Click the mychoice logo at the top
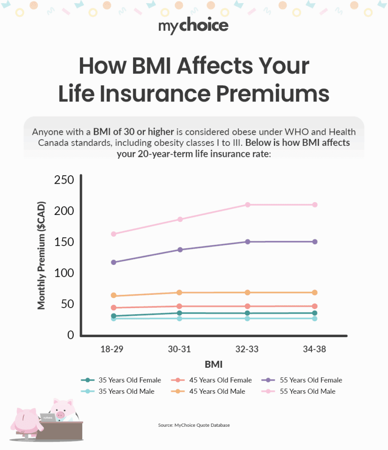point(193,26)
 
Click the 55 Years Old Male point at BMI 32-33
point(248,205)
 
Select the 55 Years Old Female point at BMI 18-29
point(114,262)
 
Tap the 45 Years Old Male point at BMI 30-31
point(179,293)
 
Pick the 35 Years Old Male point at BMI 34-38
point(315,318)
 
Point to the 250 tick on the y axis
point(64,180)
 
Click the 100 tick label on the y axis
point(64,273)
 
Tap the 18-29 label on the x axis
point(112,349)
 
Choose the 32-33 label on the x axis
point(247,349)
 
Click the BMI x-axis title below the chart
point(213,364)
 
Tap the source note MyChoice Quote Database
point(194,425)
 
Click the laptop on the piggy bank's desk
point(48,417)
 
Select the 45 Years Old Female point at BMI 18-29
point(114,308)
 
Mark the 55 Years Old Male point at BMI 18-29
point(114,234)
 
